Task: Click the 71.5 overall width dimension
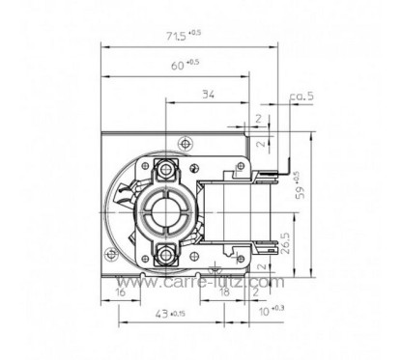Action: [182, 36]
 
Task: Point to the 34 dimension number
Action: [208, 94]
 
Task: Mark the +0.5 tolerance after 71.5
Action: [200, 33]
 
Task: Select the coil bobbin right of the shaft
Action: [229, 213]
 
